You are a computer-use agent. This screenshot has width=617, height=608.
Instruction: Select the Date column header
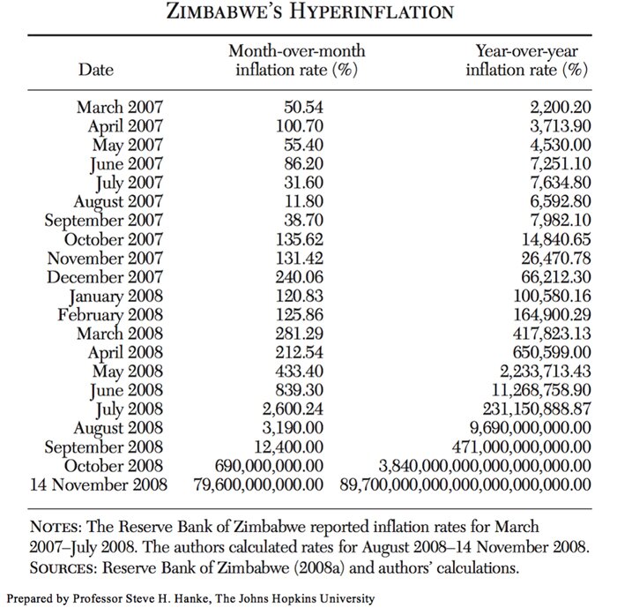97,68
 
